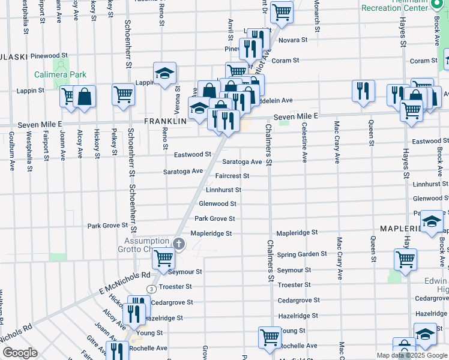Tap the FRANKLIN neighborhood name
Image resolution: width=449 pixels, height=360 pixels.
(165, 121)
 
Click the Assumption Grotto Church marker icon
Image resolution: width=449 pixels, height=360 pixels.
(178, 244)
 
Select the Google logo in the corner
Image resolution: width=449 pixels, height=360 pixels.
(20, 353)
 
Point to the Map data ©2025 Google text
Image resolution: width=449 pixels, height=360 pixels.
(412, 355)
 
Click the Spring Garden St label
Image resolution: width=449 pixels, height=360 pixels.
(302, 254)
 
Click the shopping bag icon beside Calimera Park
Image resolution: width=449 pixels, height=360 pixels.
(85, 97)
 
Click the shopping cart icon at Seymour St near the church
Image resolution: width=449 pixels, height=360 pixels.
(163, 258)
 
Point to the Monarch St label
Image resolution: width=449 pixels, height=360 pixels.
(316, 13)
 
